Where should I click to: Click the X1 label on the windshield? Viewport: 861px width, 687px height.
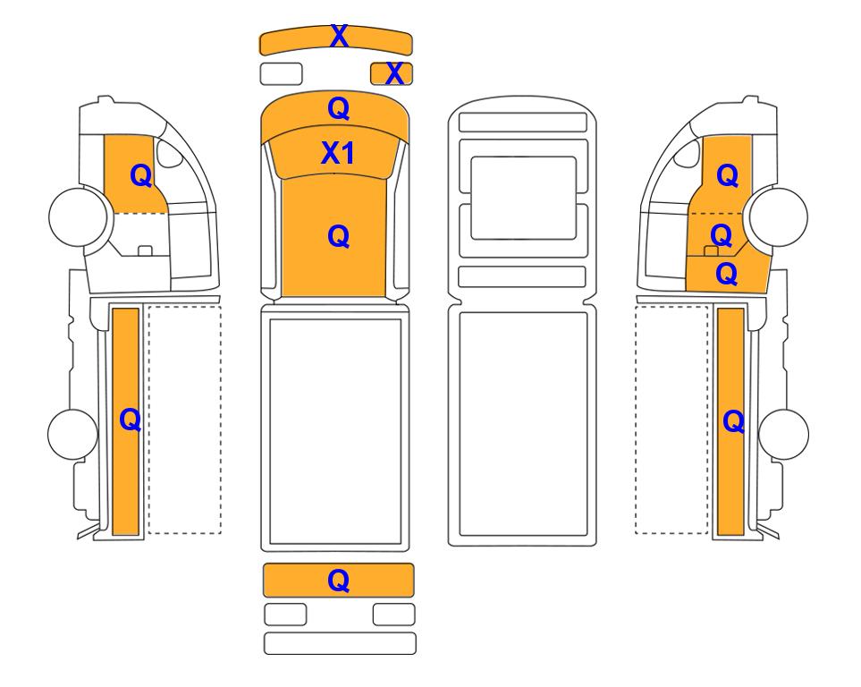click(x=338, y=153)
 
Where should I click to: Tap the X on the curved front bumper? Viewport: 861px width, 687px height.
click(x=340, y=37)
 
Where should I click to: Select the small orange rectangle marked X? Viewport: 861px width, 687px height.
click(x=392, y=73)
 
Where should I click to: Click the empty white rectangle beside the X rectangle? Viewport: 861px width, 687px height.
click(x=281, y=73)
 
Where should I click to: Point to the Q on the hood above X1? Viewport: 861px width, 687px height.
click(x=339, y=109)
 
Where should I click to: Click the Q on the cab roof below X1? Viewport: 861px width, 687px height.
click(x=338, y=237)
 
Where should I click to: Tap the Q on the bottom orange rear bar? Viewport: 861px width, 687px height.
click(x=338, y=581)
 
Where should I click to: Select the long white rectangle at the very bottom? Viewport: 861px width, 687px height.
click(x=340, y=643)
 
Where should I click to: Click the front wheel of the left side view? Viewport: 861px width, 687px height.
click(x=78, y=216)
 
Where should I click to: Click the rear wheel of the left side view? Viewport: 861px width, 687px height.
click(x=73, y=434)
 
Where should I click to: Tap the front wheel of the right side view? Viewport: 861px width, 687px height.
click(x=779, y=216)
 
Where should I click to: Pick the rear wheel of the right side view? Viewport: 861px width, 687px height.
click(x=783, y=434)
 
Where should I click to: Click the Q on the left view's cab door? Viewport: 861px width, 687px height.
click(x=141, y=176)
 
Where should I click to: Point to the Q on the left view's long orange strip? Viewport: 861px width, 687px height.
click(x=131, y=420)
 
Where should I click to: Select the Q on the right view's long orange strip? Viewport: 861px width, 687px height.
click(x=734, y=422)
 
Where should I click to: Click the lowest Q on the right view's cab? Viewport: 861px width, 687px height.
click(x=727, y=274)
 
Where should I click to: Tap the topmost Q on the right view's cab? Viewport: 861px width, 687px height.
click(x=728, y=176)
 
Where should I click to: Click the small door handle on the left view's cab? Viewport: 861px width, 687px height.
click(x=145, y=250)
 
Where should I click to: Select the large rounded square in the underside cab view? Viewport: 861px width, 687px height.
click(x=523, y=198)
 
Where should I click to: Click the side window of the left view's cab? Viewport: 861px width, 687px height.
click(x=169, y=153)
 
